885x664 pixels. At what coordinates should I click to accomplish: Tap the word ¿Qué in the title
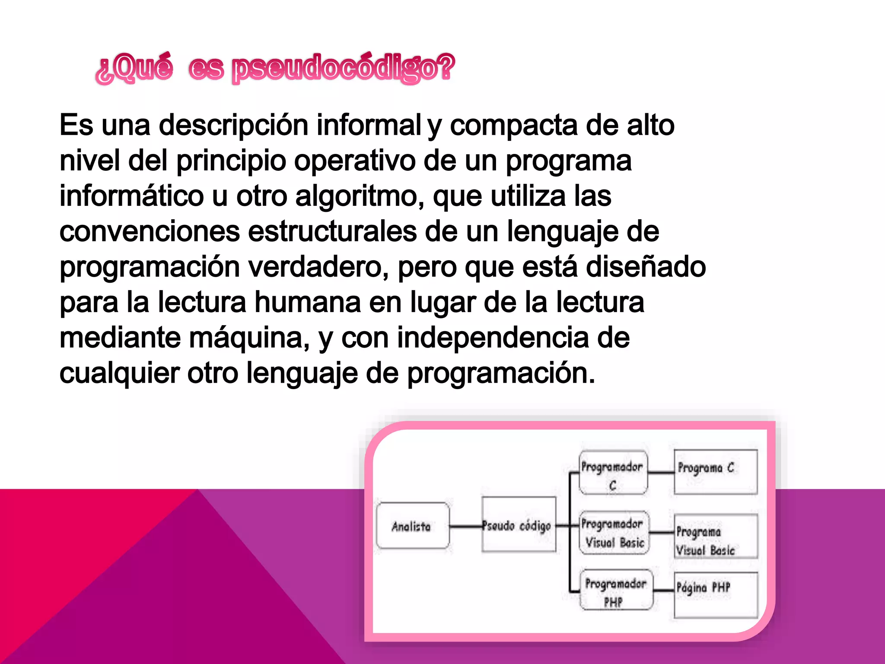pos(134,68)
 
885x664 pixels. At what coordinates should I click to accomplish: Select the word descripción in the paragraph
pos(234,125)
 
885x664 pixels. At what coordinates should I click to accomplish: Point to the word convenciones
pos(150,231)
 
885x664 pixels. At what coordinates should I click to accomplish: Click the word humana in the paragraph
pos(307,302)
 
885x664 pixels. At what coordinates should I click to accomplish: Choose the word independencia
pos(493,338)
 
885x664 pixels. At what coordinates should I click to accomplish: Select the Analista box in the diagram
pos(412,526)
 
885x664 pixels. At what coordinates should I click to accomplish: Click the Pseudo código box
pos(519,525)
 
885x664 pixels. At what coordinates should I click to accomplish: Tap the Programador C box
pos(613,472)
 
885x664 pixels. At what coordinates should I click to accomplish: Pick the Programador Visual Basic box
pos(614,533)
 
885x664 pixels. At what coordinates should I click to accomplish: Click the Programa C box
pos(715,472)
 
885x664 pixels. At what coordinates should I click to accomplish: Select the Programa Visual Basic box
pos(716,536)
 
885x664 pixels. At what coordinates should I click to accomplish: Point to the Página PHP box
pos(716,594)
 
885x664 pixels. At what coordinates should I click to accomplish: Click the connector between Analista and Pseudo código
pos(465,526)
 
